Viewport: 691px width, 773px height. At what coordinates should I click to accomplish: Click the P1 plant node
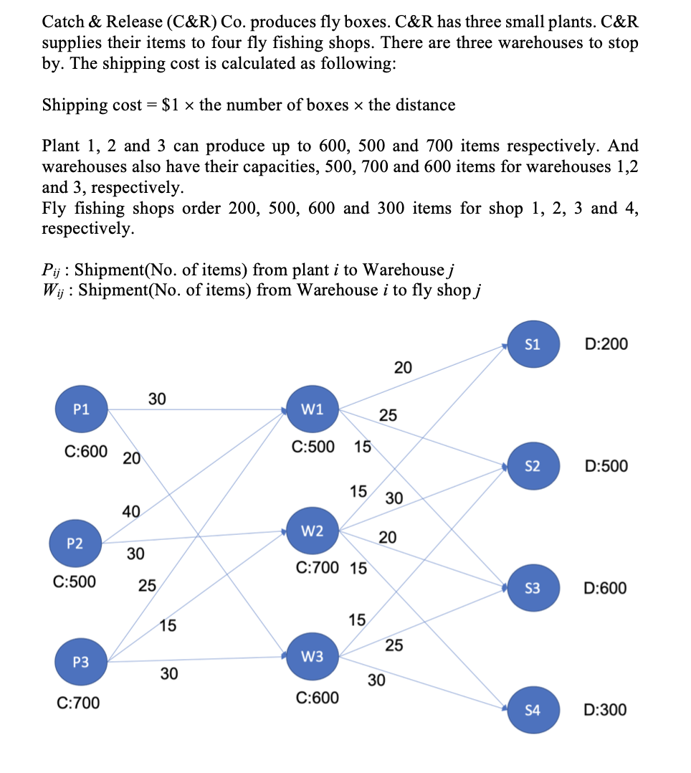(82, 409)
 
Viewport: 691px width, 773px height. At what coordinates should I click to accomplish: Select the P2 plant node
(75, 543)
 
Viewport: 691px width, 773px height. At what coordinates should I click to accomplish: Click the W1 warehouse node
(313, 409)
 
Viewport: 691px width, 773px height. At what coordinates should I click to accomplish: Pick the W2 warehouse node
(313, 531)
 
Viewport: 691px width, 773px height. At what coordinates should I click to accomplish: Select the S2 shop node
(532, 466)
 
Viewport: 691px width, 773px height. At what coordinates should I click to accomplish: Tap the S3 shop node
(532, 589)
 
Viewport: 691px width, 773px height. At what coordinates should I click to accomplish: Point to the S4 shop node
(532, 710)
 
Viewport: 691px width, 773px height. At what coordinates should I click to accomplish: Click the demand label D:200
(606, 344)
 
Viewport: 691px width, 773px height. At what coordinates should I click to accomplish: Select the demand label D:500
(606, 466)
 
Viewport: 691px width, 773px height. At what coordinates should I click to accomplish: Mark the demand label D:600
(606, 589)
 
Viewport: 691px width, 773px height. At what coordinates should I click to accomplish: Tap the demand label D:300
(606, 710)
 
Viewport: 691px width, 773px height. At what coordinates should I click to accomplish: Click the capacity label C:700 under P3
(78, 703)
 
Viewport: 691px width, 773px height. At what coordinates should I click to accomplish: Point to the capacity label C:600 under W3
(318, 697)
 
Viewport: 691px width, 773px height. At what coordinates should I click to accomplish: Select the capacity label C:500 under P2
(75, 582)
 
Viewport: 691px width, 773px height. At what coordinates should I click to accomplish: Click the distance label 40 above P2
(131, 511)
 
